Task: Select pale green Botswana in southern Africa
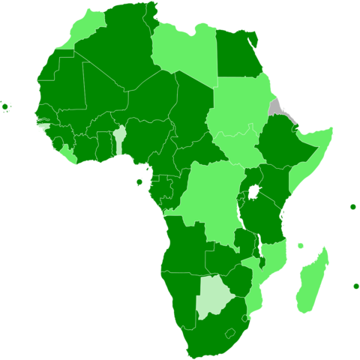click(212, 298)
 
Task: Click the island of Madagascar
click(311, 280)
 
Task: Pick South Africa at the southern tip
click(214, 330)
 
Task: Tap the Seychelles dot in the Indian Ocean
click(352, 206)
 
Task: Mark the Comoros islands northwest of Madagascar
click(300, 245)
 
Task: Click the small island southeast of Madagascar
click(355, 286)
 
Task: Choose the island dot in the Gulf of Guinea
click(139, 182)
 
